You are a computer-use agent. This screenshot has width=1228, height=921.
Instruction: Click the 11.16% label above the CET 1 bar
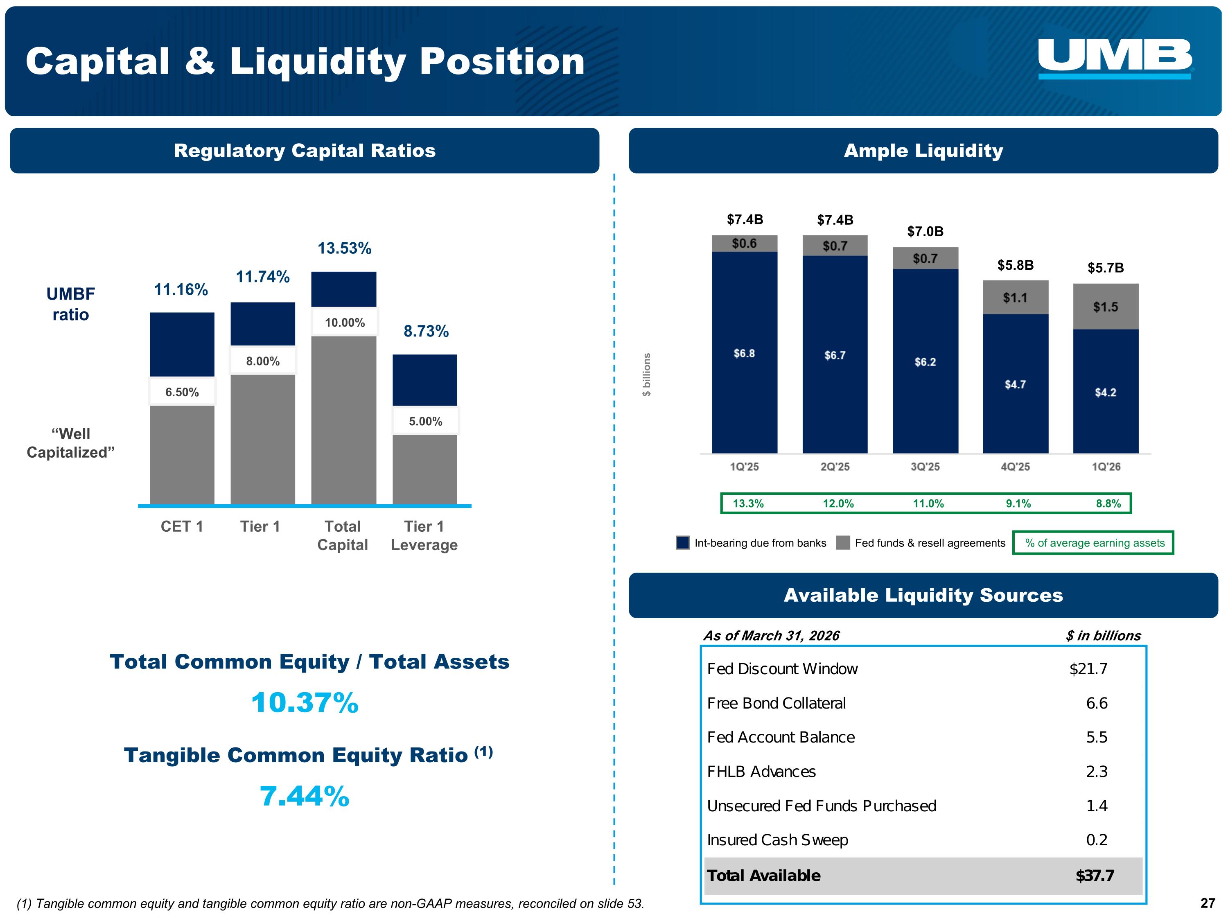click(x=181, y=290)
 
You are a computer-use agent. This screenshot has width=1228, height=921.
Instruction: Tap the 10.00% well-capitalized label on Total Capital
click(x=345, y=323)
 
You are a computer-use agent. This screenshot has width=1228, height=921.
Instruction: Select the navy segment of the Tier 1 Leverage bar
click(x=425, y=380)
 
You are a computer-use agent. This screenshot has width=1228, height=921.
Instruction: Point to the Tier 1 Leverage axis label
click(x=424, y=536)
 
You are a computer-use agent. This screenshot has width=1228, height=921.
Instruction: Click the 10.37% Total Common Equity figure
click(x=305, y=703)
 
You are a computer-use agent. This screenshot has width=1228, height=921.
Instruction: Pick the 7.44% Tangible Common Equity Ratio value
click(x=305, y=797)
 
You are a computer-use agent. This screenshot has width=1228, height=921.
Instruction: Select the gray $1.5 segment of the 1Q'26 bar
click(x=1105, y=307)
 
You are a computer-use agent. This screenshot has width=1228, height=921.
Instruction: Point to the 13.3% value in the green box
click(x=748, y=503)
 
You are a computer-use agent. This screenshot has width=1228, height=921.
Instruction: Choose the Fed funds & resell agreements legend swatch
click(x=843, y=543)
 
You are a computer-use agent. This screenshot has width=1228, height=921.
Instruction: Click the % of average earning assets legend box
click(x=1093, y=543)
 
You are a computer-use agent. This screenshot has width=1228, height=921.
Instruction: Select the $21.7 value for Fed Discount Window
click(x=1088, y=669)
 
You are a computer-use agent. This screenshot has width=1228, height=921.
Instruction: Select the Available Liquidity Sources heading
click(x=923, y=595)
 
